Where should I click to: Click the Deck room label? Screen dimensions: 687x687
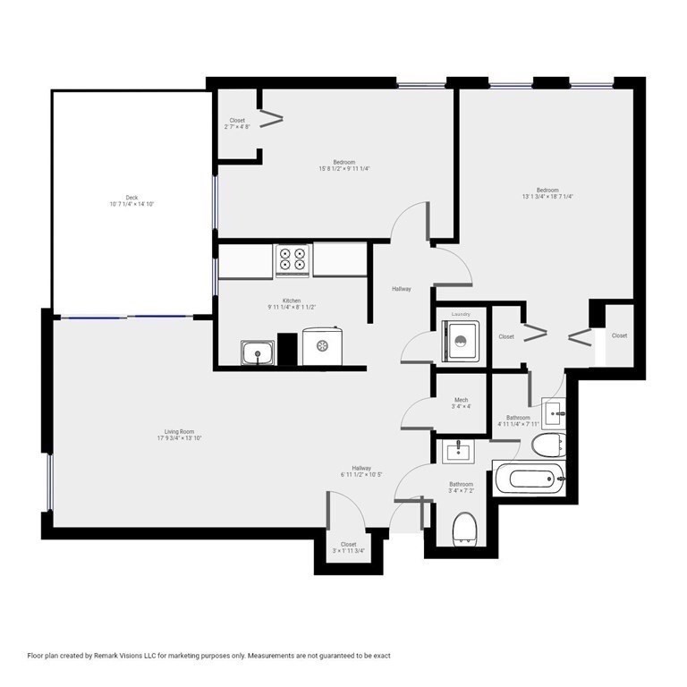pos(131,200)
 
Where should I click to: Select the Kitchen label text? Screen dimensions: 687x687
pos(292,304)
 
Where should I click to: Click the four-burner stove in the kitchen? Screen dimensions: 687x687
pos(293,259)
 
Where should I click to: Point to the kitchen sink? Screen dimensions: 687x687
pos(259,353)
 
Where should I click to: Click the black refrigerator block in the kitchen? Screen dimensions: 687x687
pos(287,349)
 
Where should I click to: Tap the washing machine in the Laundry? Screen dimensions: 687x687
pos(460,341)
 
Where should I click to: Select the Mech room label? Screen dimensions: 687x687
pos(461,403)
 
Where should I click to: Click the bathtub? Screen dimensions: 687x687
pos(529,478)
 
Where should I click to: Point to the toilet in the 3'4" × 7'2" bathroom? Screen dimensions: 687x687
pos(464,528)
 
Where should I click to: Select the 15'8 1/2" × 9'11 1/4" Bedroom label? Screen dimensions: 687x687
pos(344,165)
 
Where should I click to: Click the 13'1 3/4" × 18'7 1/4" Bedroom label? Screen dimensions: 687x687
pos(547,193)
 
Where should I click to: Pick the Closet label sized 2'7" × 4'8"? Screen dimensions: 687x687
pos(237,123)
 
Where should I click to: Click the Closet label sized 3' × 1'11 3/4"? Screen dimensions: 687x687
pos(348,547)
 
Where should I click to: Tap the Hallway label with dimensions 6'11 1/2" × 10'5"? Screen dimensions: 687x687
pos(361,471)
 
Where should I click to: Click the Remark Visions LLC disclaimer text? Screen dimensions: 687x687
pos(209,656)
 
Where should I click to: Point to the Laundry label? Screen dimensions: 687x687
pos(461,315)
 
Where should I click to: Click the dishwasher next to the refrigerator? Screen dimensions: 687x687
pos(322,346)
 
